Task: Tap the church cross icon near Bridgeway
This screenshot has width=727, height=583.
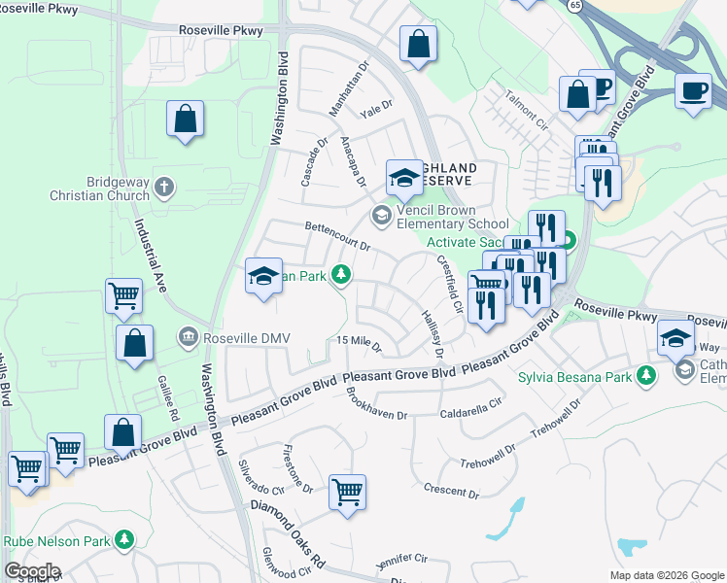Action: tap(164, 187)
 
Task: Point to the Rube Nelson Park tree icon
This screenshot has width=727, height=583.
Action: tap(123, 539)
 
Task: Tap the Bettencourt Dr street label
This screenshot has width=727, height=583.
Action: tap(338, 238)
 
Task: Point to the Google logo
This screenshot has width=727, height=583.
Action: tap(31, 571)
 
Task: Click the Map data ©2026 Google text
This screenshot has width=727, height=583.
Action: tap(666, 574)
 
